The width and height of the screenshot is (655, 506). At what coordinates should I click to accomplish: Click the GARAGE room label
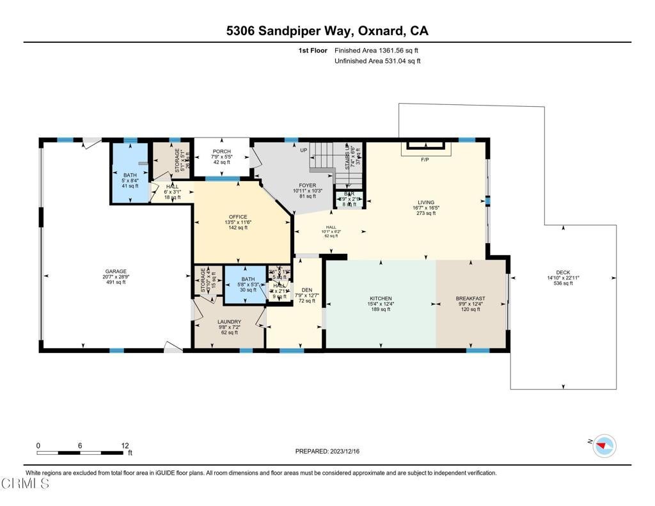coord(116,271)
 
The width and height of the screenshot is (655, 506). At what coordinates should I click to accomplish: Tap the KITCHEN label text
coord(381,299)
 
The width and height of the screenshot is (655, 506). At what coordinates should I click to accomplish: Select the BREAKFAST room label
coord(470,299)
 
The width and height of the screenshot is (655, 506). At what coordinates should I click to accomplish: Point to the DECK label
coord(563,273)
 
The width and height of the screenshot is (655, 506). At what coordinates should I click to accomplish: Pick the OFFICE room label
coord(238,217)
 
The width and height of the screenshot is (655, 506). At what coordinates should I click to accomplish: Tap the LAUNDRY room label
coord(228,322)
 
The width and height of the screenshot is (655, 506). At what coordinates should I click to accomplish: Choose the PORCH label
coord(222,152)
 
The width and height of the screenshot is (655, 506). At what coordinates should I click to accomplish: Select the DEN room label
coord(308,289)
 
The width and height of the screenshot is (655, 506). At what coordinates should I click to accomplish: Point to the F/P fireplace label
coord(424,159)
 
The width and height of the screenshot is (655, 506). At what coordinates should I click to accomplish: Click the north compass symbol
coord(604,445)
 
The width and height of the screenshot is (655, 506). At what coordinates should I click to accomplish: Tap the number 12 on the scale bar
coord(125,445)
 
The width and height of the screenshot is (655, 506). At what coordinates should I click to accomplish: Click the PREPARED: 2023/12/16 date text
coord(327,451)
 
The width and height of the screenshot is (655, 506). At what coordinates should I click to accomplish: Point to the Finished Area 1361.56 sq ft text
coord(377,50)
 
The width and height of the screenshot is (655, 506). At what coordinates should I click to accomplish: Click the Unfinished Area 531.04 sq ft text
coord(377,61)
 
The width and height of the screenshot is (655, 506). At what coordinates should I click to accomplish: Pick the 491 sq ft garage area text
coord(116,282)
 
